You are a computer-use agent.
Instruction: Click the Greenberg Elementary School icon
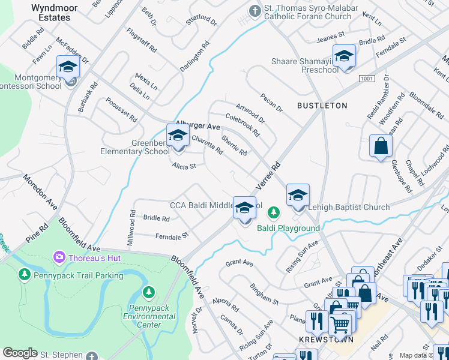[178, 136]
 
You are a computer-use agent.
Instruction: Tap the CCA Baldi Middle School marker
[244, 208]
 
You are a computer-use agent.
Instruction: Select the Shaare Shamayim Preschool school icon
[344, 56]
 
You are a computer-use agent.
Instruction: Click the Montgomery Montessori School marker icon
[68, 67]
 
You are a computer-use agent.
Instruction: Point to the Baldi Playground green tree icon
[274, 212]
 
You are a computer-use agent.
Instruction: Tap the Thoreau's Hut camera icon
[59, 257]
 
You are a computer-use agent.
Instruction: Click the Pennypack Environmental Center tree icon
[148, 292]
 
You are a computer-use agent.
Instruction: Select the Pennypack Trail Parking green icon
[25, 275]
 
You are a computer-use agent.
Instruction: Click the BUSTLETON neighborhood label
[322, 106]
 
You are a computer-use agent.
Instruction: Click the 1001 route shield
[367, 79]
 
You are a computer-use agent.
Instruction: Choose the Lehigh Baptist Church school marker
[298, 196]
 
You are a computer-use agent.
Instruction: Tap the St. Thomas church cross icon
[255, 11]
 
